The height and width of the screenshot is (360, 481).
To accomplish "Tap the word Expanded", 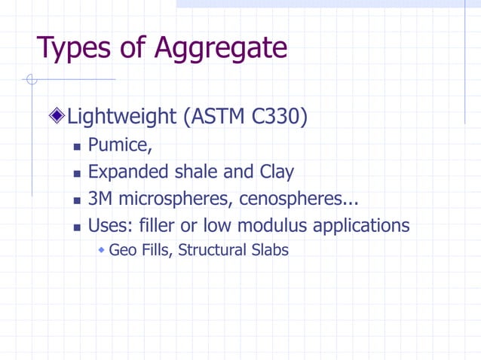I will coord(128,172).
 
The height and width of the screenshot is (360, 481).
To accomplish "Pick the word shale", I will coord(196,172).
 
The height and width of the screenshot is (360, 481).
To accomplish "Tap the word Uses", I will coord(108,226).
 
